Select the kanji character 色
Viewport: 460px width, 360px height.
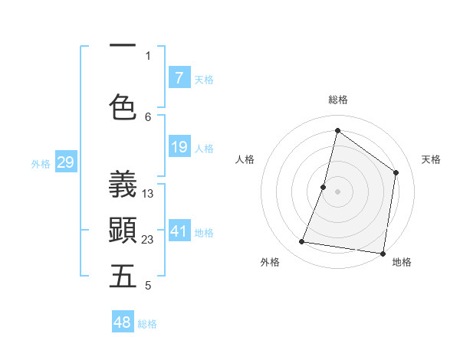click(x=123, y=106)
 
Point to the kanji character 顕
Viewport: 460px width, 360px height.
click(x=123, y=230)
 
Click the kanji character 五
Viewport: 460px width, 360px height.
click(x=123, y=277)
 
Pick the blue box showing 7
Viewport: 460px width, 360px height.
click(x=179, y=77)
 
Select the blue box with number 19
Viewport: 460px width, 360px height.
click(x=179, y=147)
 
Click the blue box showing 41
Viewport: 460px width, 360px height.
click(x=179, y=231)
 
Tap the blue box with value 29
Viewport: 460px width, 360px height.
click(x=65, y=162)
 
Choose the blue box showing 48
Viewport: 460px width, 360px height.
click(x=123, y=322)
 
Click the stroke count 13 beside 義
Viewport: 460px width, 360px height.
click(x=148, y=194)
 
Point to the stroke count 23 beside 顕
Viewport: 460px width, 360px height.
click(x=148, y=240)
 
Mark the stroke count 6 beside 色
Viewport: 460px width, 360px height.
click(x=148, y=116)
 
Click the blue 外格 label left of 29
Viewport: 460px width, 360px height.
click(x=41, y=163)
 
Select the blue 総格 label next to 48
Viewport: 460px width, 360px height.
click(x=147, y=324)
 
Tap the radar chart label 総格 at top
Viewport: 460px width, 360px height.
click(x=337, y=100)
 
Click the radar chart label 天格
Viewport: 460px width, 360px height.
click(x=431, y=159)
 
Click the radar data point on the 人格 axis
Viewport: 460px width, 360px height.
click(x=324, y=187)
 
